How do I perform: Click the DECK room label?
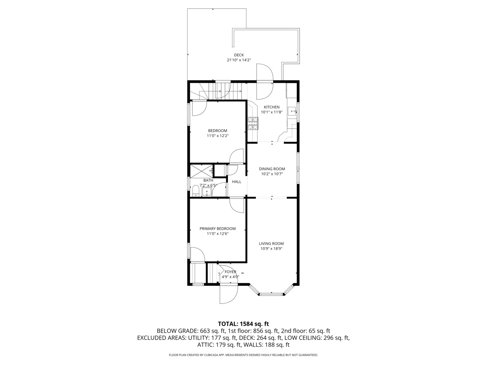[239, 55]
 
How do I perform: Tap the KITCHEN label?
[272, 107]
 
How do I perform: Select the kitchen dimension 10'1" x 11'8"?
[272, 112]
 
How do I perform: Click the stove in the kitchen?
[253, 123]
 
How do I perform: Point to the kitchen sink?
[292, 111]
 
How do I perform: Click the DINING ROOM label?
[272, 169]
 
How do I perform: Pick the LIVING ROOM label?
[271, 244]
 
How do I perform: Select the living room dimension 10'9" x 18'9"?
[271, 249]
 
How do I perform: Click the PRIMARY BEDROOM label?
[217, 229]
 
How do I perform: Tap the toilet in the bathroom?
[195, 191]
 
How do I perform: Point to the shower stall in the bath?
[201, 170]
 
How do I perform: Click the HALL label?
[237, 182]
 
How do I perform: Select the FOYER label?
[230, 272]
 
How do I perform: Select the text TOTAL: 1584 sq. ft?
[243, 324]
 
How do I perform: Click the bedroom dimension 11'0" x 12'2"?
[217, 136]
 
